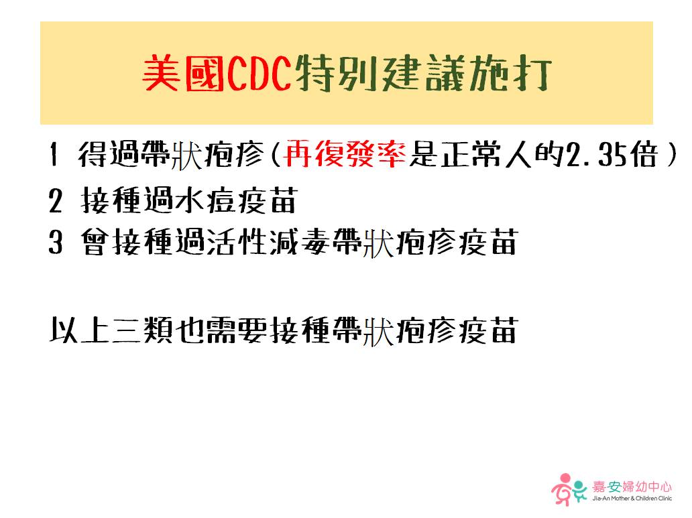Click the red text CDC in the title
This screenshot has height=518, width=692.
click(x=259, y=73)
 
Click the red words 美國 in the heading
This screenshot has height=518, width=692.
click(x=183, y=73)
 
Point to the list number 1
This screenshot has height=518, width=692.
click(x=54, y=154)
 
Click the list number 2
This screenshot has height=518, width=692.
click(x=55, y=201)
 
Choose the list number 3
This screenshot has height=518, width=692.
click(x=55, y=242)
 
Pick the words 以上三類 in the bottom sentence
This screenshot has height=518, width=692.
click(x=111, y=330)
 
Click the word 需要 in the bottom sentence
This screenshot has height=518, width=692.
click(x=237, y=330)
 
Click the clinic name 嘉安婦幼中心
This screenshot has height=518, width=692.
click(x=632, y=487)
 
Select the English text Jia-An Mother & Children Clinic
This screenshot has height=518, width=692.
click(x=632, y=499)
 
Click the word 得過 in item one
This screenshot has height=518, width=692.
click(x=108, y=154)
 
